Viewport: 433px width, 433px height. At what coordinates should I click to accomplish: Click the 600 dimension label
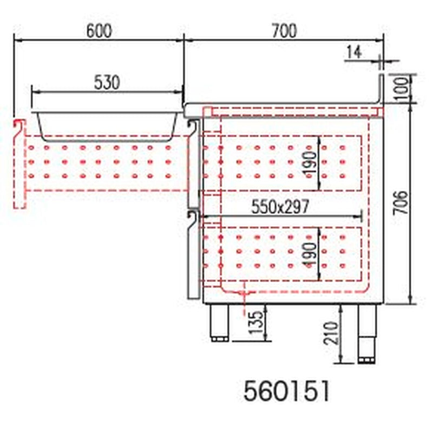[x=99, y=31]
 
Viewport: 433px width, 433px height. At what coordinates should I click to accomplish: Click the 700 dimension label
[x=285, y=31]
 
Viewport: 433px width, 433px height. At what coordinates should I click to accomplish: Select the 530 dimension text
[x=107, y=83]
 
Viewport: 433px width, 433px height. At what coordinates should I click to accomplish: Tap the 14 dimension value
[x=354, y=52]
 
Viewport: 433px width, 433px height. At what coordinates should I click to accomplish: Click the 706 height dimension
[x=401, y=202]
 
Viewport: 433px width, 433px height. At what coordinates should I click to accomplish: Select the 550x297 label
[x=280, y=207]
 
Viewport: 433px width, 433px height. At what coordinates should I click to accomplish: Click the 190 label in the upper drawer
[x=310, y=162]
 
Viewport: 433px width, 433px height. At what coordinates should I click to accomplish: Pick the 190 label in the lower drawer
[x=310, y=254]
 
